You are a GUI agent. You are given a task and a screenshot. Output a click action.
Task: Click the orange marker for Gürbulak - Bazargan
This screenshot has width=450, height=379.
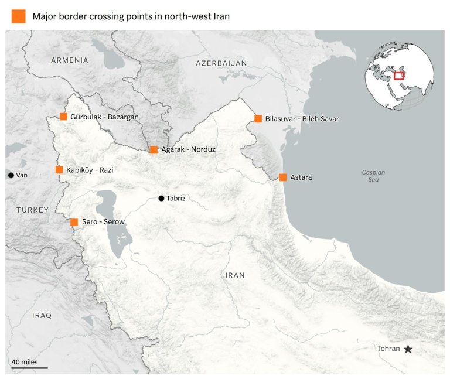tap(63, 117)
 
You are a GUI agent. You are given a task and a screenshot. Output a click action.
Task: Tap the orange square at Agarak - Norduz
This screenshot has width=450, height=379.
tap(154, 150)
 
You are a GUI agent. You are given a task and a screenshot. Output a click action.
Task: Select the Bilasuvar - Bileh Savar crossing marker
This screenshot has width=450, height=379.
tap(258, 119)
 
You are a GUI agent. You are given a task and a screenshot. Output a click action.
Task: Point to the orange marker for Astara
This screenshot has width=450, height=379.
tap(283, 177)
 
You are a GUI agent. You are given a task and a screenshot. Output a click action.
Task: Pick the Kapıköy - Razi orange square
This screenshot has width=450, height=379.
tap(59, 170)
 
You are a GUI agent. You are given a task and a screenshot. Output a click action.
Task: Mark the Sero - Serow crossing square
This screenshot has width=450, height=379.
tap(74, 222)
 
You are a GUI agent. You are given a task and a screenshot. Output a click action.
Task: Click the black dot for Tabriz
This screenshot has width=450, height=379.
tap(161, 199)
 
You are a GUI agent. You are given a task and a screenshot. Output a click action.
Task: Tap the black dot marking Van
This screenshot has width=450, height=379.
tap(11, 175)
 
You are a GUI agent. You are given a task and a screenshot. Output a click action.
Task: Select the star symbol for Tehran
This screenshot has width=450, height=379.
tap(408, 349)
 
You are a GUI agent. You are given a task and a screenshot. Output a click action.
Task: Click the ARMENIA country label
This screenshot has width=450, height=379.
tap(69, 60)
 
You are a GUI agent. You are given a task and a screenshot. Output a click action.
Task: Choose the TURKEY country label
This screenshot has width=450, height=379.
tap(33, 210)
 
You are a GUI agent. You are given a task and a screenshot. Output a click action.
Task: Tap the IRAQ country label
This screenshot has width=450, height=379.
tap(42, 315)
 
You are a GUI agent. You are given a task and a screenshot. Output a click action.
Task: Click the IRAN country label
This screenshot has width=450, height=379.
tap(234, 275)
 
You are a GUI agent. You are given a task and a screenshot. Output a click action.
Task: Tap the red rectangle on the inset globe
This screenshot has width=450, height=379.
tap(399, 75)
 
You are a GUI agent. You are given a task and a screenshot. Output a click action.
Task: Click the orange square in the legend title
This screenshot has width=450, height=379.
tap(19, 16)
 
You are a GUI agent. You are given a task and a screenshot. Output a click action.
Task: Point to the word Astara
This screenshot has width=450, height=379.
tap(302, 177)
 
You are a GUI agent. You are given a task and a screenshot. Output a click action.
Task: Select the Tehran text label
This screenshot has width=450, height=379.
tap(388, 349)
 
